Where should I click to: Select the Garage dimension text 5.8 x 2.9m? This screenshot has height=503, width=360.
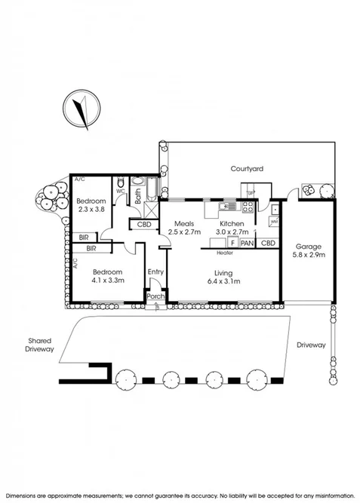[309, 256]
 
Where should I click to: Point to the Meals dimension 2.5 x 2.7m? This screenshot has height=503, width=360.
[185, 233]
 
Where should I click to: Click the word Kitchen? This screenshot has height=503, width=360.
[230, 224]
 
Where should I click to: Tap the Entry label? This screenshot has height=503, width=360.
[155, 272]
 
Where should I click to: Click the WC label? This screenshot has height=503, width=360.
[121, 192]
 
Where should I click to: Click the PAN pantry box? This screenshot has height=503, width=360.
[248, 244]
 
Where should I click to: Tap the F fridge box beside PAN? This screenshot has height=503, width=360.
[234, 244]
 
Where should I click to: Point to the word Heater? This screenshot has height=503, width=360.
[223, 253]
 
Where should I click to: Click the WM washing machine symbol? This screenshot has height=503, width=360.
[274, 222]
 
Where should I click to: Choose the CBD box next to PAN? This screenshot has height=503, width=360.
[267, 244]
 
